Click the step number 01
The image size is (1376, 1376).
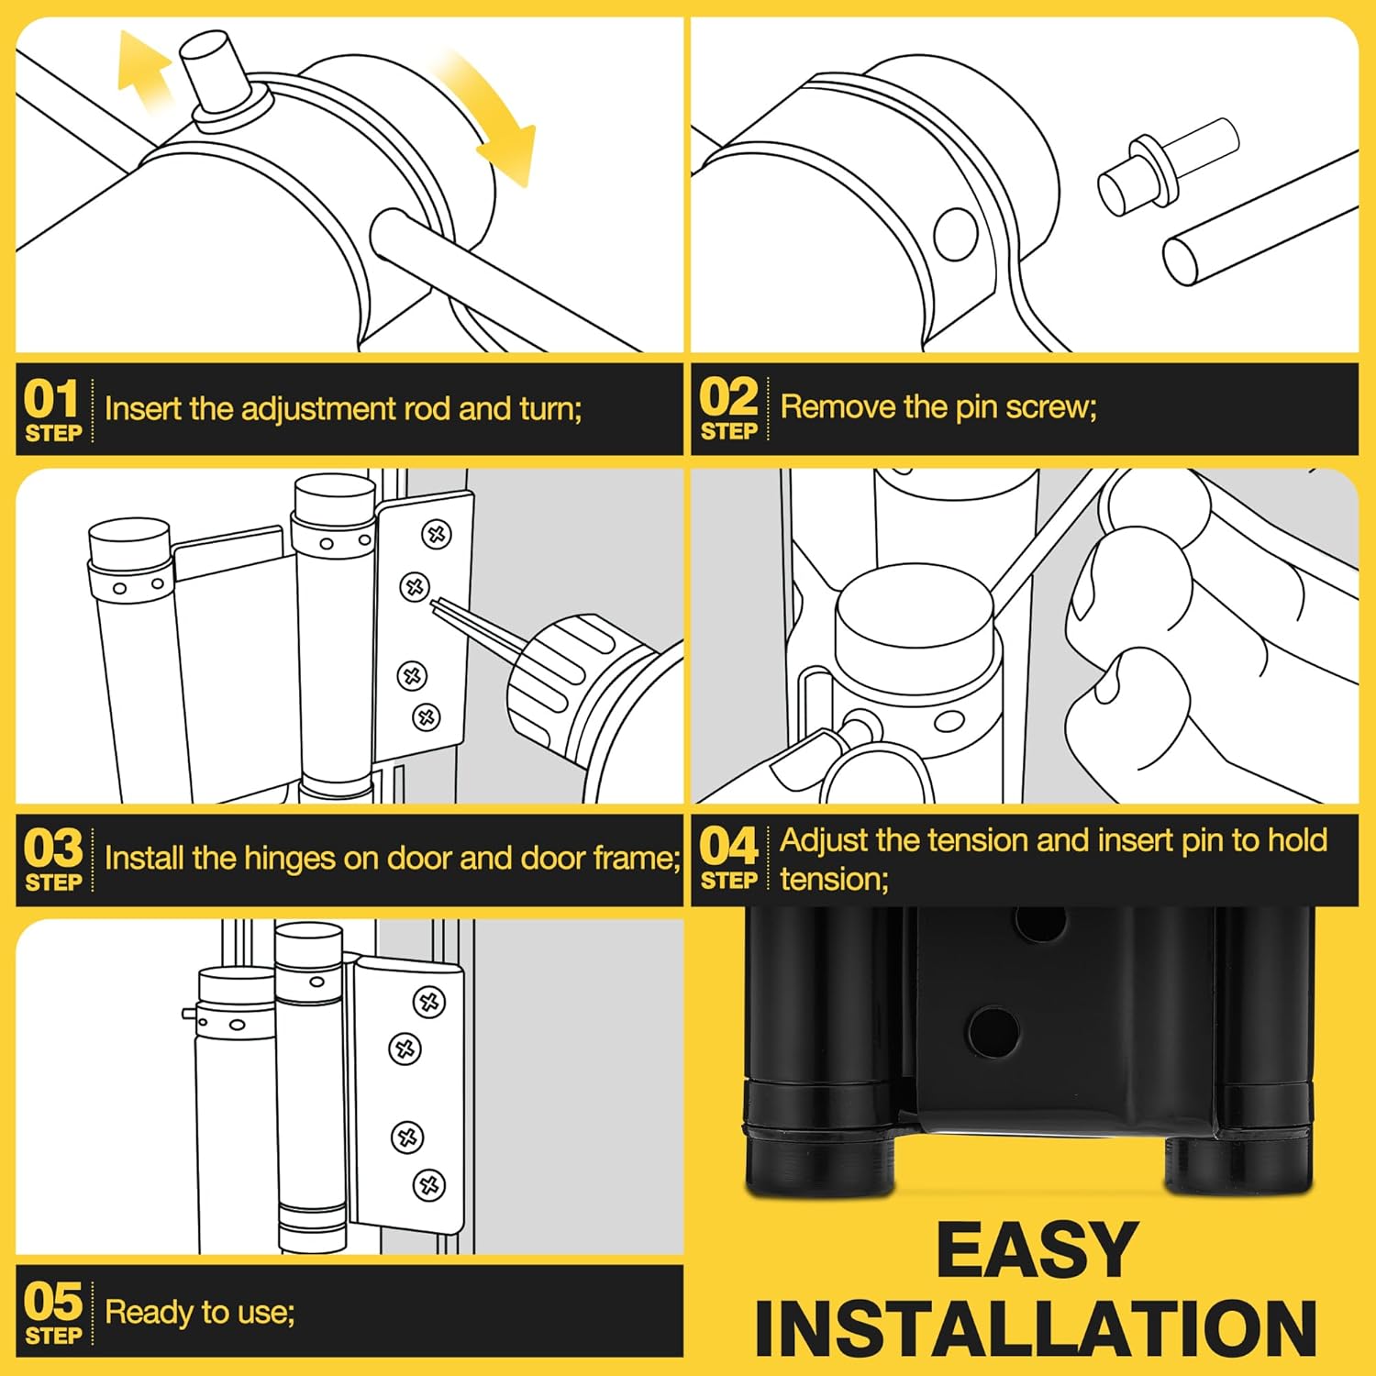[52, 399]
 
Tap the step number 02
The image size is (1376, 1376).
[728, 397]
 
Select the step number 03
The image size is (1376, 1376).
[53, 849]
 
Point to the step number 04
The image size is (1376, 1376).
[728, 847]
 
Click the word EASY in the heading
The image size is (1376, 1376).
[1037, 1249]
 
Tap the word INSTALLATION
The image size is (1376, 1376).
[1037, 1327]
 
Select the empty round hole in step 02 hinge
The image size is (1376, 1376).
[956, 233]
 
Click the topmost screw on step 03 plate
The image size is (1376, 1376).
[437, 534]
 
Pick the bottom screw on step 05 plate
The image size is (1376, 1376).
[428, 1184]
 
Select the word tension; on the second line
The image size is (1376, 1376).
[834, 880]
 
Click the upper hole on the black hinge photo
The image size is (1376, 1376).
[1040, 922]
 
